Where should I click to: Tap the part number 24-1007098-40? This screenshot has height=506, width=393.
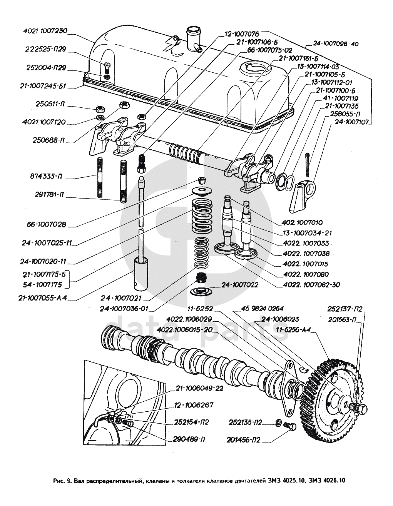[336, 44]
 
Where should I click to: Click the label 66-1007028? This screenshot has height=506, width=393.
[47, 224]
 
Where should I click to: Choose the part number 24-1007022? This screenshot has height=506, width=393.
[240, 285]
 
